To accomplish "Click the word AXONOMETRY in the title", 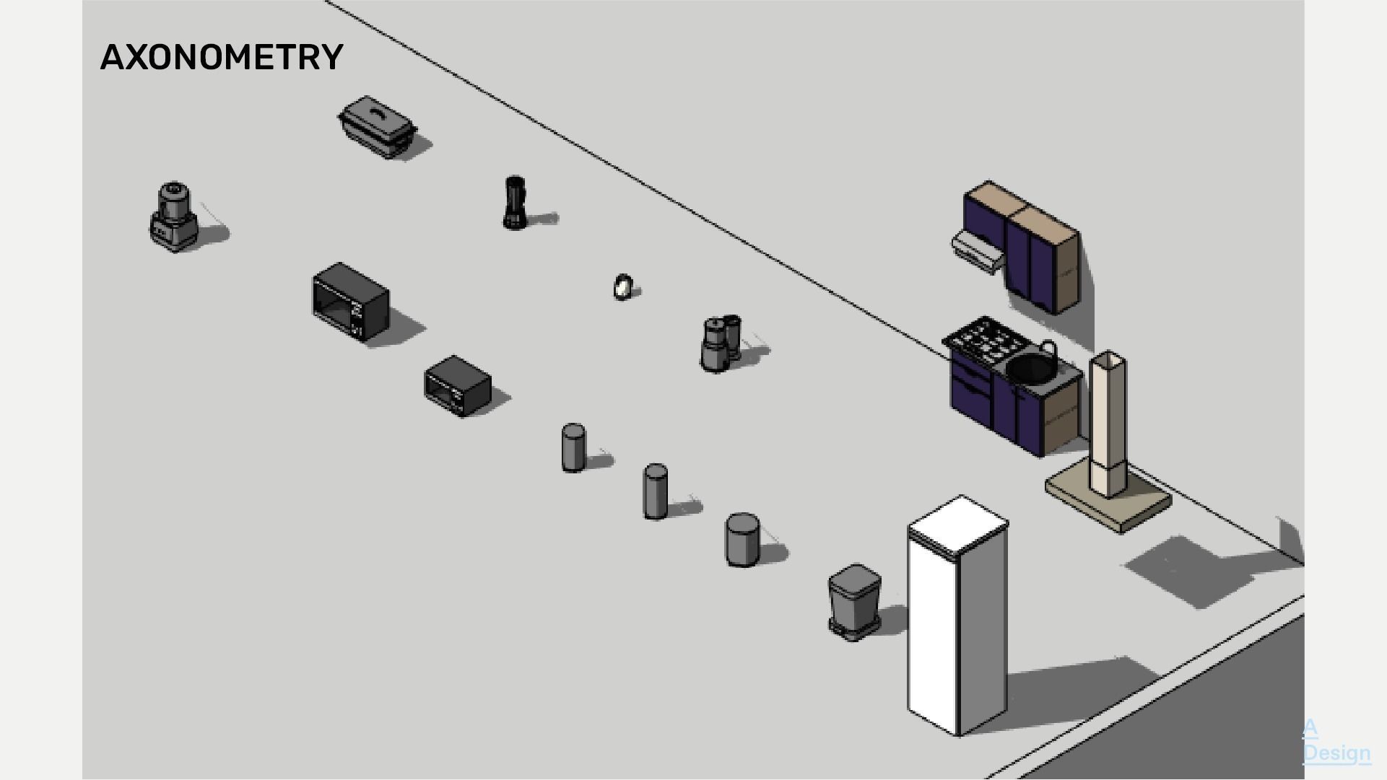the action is (222, 57).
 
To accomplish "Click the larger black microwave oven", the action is (350, 302).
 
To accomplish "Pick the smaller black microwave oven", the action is (458, 386).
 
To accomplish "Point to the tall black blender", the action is (514, 203).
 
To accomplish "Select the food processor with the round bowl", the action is (173, 216).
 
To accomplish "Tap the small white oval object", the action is (622, 286).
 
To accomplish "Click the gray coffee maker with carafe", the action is (720, 343).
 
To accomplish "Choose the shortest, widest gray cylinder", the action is (742, 539).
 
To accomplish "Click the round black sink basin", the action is (1030, 368).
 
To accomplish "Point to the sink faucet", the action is (1049, 351).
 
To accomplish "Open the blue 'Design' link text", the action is (1336, 753).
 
